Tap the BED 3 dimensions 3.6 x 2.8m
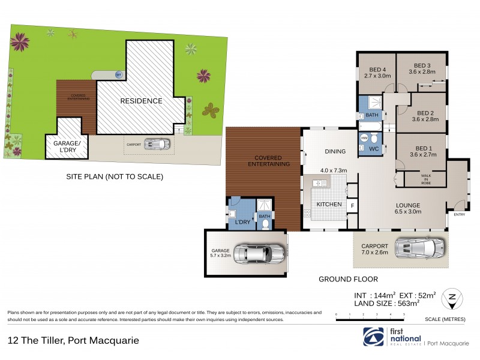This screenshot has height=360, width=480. (421, 72)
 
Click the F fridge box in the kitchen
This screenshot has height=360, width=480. (352, 205)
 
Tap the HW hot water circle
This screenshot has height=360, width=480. (364, 137)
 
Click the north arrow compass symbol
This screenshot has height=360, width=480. (451, 298)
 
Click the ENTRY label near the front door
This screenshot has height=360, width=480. (460, 214)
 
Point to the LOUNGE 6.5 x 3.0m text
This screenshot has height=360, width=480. (407, 208)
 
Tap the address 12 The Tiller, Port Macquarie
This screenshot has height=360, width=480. (73, 340)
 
